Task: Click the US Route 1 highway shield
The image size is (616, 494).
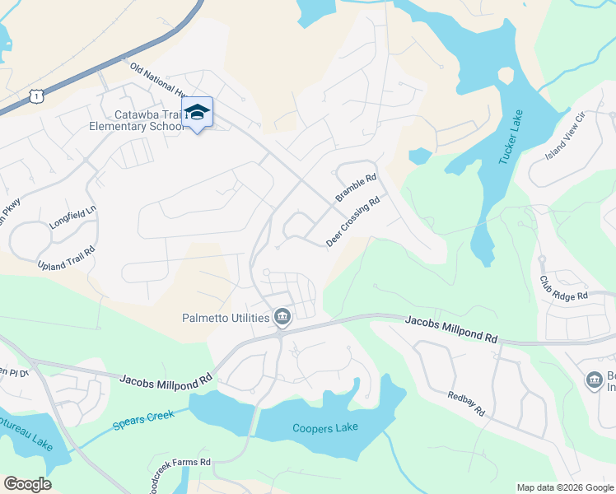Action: point(35,97)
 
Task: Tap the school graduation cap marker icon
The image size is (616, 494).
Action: point(197,113)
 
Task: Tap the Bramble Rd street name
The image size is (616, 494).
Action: point(356,188)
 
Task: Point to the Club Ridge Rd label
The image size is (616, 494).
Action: point(564,288)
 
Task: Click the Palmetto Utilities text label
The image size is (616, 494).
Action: point(226,318)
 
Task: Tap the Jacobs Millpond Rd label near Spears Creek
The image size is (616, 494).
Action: point(166,379)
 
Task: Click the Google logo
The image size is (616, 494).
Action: point(27,484)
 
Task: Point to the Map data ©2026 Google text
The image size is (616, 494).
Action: point(564,487)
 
